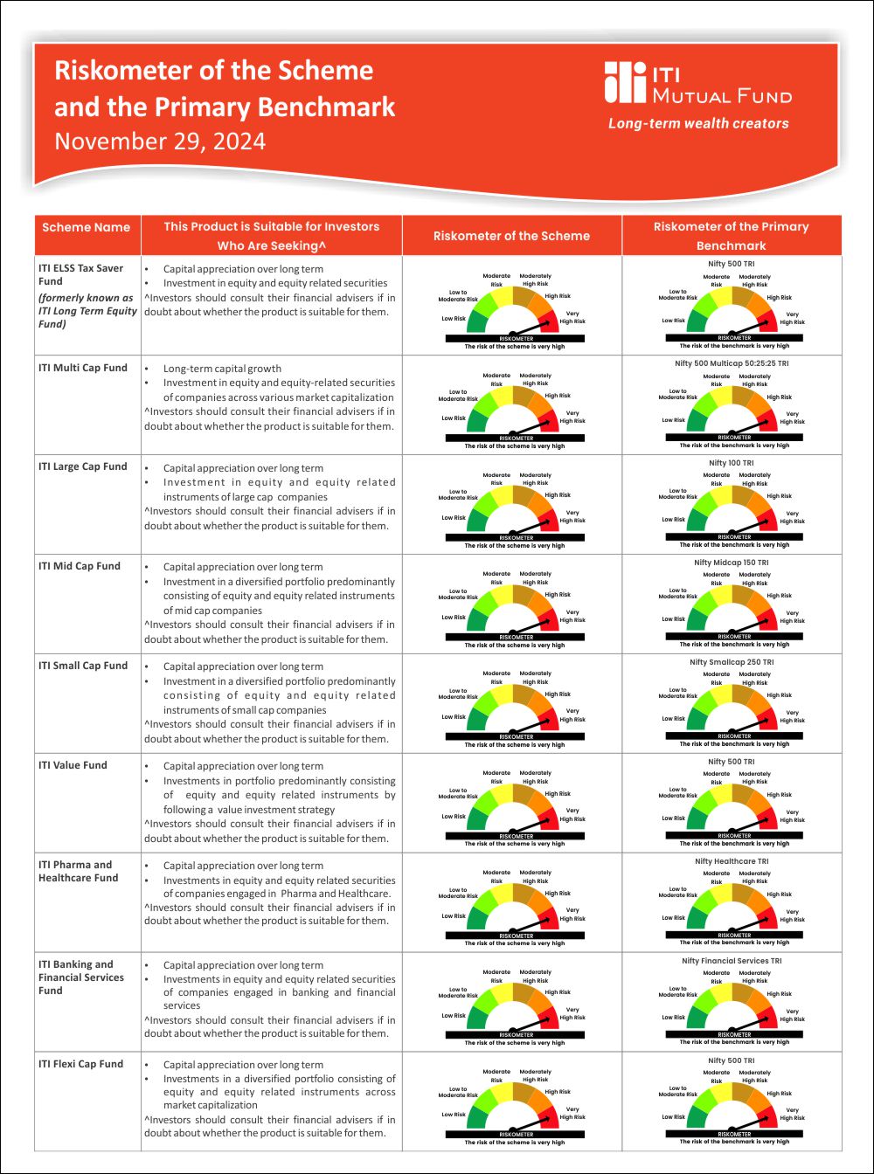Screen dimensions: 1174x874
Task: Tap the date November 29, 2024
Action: [x=160, y=142]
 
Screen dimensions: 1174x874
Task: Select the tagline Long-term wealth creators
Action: [x=698, y=124]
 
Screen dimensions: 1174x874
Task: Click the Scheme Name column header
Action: [x=86, y=227]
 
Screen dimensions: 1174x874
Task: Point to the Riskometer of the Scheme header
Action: [x=511, y=236]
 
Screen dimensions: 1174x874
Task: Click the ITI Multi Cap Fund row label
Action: [x=83, y=368]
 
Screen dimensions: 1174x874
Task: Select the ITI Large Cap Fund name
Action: [x=83, y=466]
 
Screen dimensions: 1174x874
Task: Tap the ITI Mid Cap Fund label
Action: [x=80, y=566]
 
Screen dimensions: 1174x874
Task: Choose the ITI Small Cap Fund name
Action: [x=83, y=666]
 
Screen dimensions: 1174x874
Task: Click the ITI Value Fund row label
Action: [x=73, y=765]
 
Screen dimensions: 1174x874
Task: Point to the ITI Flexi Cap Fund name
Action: [x=80, y=1064]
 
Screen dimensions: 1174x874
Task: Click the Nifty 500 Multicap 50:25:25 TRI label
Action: [x=732, y=363]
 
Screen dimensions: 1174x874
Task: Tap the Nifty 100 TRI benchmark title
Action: [x=732, y=462]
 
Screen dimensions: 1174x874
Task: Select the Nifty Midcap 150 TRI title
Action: [x=732, y=563]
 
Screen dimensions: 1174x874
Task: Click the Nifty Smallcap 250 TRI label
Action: [x=732, y=662]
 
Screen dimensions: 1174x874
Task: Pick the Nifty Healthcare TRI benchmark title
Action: [x=732, y=861]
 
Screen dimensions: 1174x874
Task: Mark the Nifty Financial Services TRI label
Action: [x=732, y=961]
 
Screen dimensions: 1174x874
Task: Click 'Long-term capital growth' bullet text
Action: [x=222, y=369]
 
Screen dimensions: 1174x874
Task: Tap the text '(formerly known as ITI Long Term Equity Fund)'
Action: [x=87, y=311]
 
